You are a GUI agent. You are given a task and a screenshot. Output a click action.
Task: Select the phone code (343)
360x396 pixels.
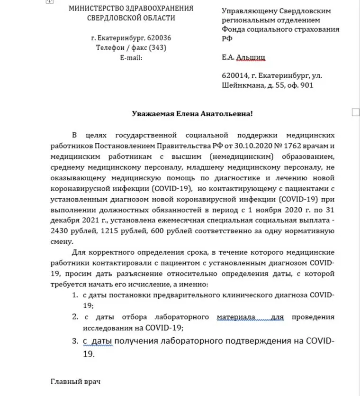tap(156, 47)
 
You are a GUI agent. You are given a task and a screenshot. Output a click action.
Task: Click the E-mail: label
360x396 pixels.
tap(131, 57)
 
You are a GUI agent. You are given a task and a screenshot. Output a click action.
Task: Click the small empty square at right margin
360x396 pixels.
tap(356, 112)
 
